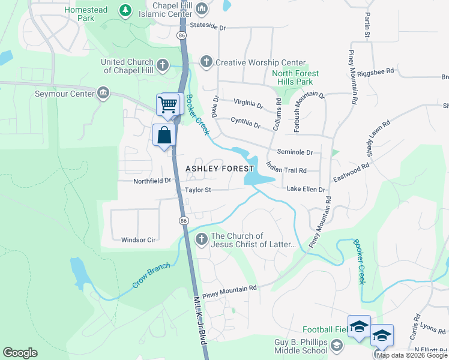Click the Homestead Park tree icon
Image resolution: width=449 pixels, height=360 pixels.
pos(125,10)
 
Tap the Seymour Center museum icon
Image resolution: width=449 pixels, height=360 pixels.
pos(103,93)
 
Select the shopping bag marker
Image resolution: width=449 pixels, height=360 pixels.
pos(164,136)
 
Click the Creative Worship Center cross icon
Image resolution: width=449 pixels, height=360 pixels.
pos(206,62)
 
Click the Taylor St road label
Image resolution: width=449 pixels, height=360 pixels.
pos(198,190)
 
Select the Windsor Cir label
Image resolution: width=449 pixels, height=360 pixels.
pos(139,240)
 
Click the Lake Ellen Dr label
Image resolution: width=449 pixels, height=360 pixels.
pos(306,190)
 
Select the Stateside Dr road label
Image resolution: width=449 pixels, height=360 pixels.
pos(207,28)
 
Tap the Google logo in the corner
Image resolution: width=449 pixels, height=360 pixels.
pos(20,353)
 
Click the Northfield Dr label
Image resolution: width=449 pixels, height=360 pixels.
pos(152,180)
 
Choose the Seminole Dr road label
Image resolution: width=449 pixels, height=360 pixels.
pos(295,152)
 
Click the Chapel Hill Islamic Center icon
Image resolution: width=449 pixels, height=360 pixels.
pos(202,9)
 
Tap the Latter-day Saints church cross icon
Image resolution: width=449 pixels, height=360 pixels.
pos(201,239)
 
